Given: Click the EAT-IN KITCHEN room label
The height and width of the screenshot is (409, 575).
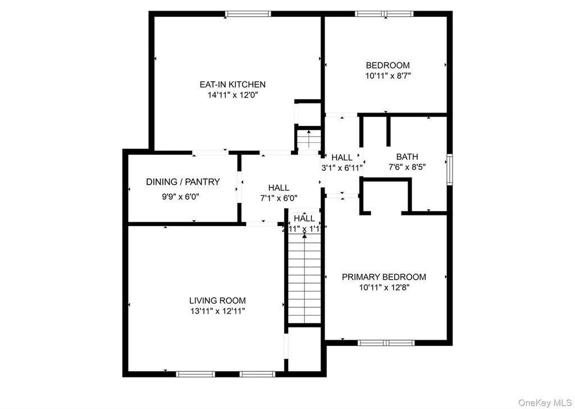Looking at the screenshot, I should pos(232,84).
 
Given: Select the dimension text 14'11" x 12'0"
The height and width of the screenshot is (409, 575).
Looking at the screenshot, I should pos(232,95).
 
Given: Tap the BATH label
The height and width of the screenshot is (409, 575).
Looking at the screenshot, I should pos(407,157).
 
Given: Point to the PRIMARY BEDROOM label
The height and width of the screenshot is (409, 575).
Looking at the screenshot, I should pos(384,277).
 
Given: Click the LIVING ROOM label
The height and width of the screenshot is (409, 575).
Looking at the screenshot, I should pos(217,300).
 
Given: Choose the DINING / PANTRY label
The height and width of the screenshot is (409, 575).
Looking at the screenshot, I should pos(183,182).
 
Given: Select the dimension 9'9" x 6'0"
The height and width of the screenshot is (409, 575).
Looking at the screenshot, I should pos(181,197).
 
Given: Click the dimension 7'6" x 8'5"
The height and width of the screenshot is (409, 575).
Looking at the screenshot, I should pos(407,167).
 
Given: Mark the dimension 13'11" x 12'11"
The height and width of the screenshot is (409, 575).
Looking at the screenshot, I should pos(217,311).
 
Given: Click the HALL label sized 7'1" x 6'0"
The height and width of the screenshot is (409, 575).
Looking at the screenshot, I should pos(279,188).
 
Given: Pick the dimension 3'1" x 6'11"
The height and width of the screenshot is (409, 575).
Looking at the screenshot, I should pos(342,167).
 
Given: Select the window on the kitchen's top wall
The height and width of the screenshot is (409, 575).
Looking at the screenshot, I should pos(248,14).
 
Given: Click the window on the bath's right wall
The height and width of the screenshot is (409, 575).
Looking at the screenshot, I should pos(449,170).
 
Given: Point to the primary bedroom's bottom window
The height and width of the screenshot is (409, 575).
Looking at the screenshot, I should pos(386,342).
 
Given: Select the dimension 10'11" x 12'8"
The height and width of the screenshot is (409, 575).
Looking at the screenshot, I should pos(384,287).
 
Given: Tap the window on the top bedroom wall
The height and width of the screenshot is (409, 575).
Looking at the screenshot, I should pos(385,14).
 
